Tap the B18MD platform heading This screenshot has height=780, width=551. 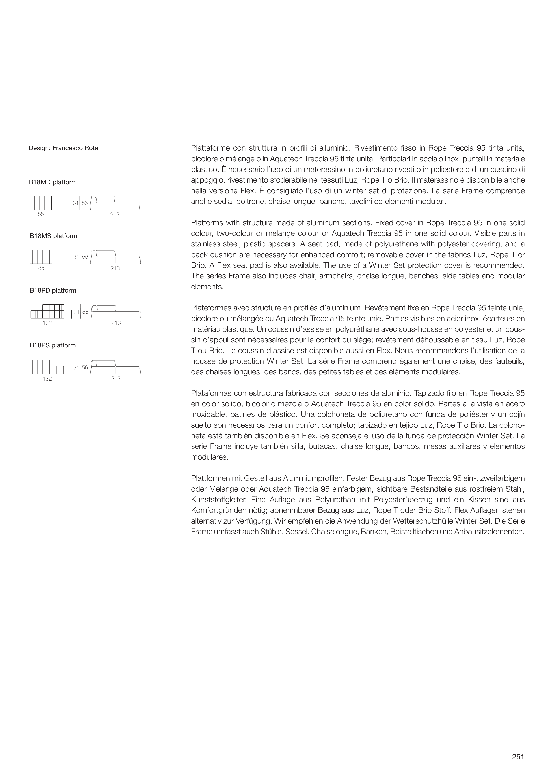tap(53, 182)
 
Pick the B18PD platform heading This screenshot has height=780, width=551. tap(53, 291)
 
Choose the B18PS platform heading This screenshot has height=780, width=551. tap(53, 345)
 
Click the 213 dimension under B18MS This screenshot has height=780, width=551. tap(115, 268)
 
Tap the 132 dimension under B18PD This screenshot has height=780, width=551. tap(47, 323)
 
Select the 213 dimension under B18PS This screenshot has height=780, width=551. tap(116, 379)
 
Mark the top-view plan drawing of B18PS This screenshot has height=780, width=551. tap(47, 367)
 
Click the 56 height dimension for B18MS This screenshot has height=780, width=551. tap(85, 257)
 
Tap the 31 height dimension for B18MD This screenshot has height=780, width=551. tap(75, 203)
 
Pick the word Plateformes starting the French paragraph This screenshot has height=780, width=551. tap(211, 308)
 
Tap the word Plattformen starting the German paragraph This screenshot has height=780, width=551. tap(211, 479)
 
